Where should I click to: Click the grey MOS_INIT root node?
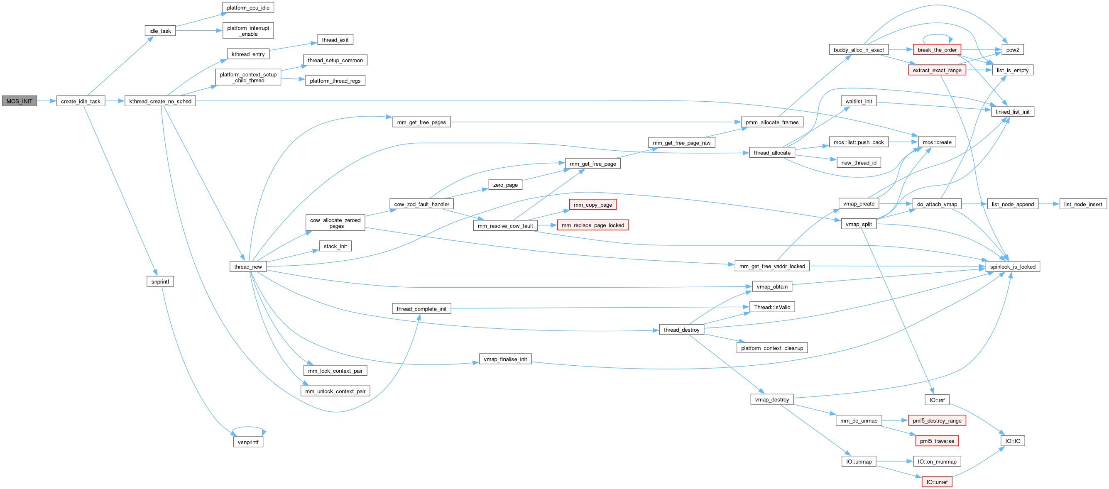[20, 101]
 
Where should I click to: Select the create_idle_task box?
[81, 101]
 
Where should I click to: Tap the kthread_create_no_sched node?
[160, 101]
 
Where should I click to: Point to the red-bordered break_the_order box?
[937, 50]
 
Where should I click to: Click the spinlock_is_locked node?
[1013, 267]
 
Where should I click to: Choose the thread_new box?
[248, 267]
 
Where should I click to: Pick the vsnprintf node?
[248, 442]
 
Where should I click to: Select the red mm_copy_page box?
[592, 205]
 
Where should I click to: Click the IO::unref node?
[937, 482]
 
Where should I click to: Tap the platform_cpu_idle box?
[248, 8]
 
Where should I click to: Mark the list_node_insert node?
[1083, 204]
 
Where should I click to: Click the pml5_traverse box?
[937, 441]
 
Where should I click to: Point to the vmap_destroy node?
[772, 399]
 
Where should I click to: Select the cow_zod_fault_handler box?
[421, 204]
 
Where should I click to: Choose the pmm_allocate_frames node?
[772, 122]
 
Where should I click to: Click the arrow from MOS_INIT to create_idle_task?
[47, 101]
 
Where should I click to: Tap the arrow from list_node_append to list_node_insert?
[1049, 204]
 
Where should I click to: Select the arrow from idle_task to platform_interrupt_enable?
[199, 31]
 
